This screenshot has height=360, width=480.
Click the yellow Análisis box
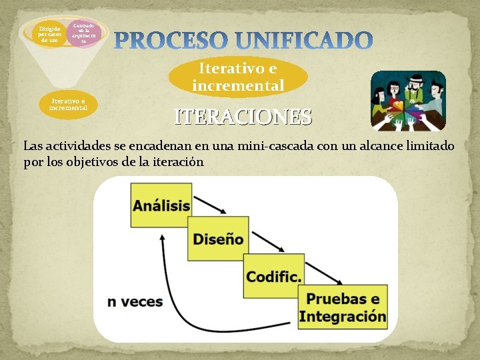point(161,205)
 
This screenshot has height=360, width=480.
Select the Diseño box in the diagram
point(217,239)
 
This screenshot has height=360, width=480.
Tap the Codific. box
point(273,275)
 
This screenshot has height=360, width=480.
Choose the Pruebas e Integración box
point(343,308)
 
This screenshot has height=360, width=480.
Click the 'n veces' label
point(135,301)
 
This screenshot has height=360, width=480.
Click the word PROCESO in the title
point(176,41)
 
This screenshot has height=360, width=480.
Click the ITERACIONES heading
point(243,117)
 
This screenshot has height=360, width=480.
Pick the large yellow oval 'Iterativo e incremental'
point(238,77)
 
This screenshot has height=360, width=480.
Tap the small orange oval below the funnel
point(68,104)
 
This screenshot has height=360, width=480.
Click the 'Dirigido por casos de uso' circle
point(49,35)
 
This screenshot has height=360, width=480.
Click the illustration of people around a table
point(407,100)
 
